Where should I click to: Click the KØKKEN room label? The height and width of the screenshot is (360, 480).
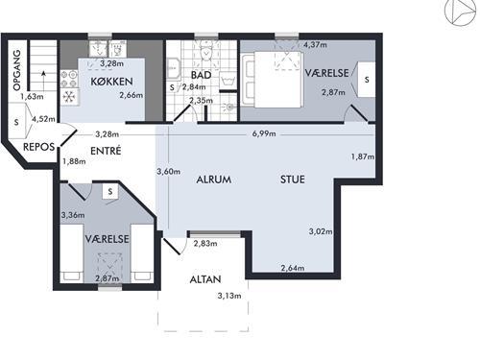(111, 82)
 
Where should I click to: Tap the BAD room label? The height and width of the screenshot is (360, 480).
(202, 75)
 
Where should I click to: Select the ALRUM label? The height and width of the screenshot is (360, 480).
(214, 180)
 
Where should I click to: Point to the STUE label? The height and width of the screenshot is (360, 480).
(293, 180)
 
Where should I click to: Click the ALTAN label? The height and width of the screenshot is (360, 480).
(205, 279)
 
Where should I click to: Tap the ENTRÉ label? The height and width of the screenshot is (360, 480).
(106, 151)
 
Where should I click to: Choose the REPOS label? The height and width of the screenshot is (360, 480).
(38, 147)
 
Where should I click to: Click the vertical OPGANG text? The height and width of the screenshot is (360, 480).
(16, 70)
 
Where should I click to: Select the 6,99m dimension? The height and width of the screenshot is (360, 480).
(264, 133)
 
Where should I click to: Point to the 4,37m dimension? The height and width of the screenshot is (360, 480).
(315, 45)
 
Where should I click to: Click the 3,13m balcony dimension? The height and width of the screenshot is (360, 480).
(229, 296)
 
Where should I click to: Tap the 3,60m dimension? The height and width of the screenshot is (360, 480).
(168, 172)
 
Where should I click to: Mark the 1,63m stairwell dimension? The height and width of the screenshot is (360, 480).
(32, 96)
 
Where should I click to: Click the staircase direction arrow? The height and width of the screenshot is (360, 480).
(43, 79)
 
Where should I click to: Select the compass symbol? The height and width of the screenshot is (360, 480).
(460, 12)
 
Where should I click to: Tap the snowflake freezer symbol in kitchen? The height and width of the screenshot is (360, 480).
(68, 96)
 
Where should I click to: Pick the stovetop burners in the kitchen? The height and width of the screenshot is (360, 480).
(69, 79)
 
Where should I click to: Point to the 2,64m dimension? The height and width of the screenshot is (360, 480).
(293, 268)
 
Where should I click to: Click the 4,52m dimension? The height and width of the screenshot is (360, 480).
(43, 119)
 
